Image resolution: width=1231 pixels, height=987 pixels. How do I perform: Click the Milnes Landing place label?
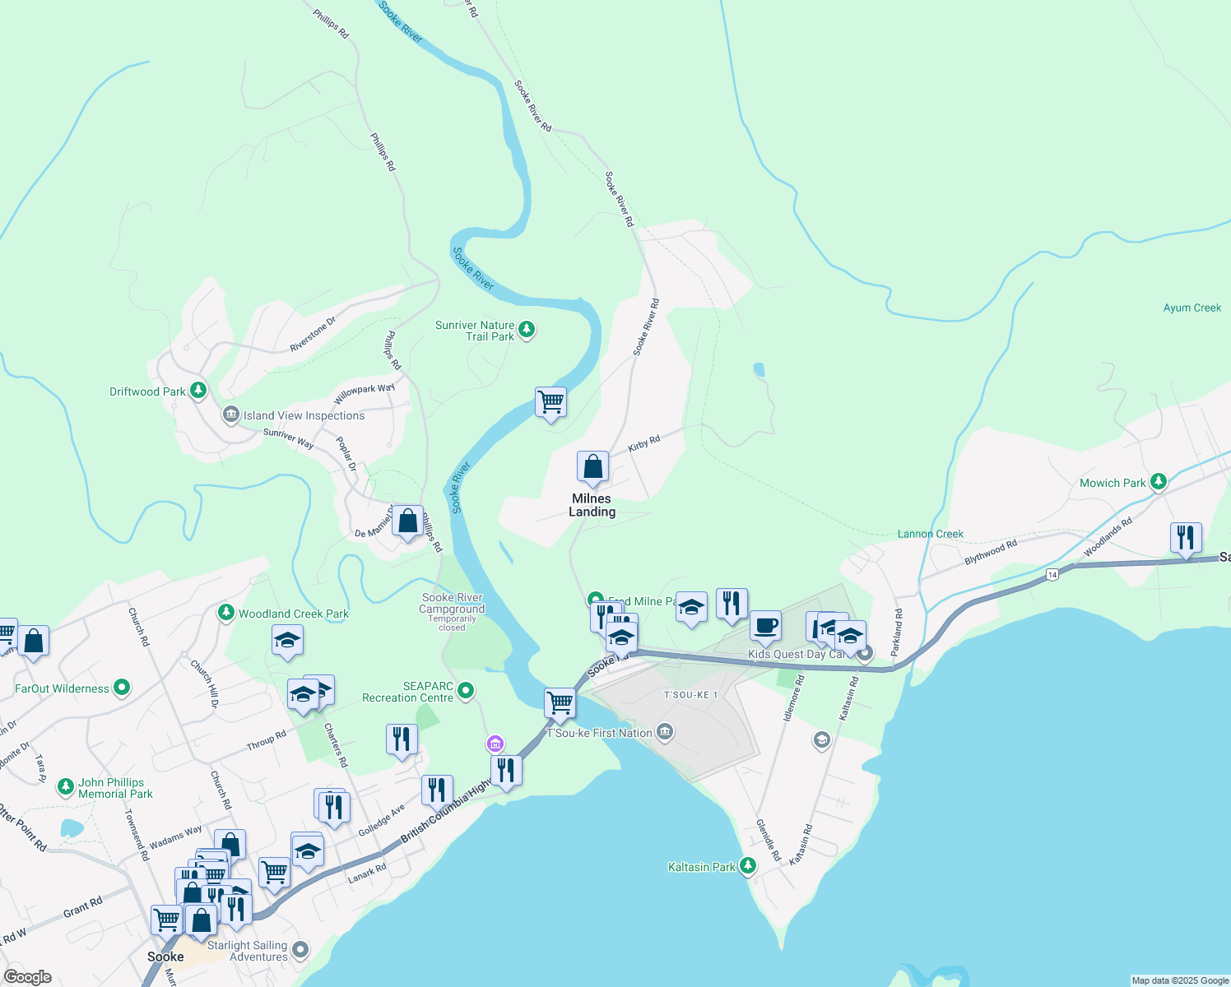[x=592, y=505]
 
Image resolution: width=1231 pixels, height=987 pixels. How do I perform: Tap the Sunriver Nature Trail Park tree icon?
[x=527, y=330]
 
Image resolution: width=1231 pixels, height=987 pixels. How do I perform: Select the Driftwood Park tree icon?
[x=198, y=391]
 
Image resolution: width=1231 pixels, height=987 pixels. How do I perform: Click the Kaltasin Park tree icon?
[x=747, y=865]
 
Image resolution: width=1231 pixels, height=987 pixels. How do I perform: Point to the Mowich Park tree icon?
[x=1159, y=481]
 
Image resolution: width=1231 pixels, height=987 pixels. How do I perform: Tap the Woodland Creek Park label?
[x=293, y=614]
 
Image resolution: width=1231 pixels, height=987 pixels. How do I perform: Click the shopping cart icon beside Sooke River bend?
[x=550, y=403]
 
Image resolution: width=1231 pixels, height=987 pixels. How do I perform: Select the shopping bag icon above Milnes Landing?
[x=592, y=467]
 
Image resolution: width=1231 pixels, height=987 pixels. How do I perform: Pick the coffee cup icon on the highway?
[x=765, y=625]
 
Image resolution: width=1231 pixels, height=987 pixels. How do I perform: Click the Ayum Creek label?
[x=1192, y=308]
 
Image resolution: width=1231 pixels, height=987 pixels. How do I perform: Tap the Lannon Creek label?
[x=930, y=534]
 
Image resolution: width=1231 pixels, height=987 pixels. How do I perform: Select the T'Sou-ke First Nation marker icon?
[x=666, y=731]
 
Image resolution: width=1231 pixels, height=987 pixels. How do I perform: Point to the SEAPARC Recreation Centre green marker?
[x=466, y=691]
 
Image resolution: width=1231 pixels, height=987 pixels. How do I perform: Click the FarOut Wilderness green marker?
[x=122, y=688]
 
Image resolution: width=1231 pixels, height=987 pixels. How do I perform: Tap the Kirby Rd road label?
[x=644, y=444]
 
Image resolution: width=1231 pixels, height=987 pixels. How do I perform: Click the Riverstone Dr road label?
[x=313, y=335]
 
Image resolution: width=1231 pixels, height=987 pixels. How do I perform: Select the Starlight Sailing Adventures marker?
[x=300, y=950]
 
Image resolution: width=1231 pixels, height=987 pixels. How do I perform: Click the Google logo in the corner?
[x=28, y=976]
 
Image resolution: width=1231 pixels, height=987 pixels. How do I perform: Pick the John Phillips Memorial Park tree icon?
[x=65, y=787]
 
